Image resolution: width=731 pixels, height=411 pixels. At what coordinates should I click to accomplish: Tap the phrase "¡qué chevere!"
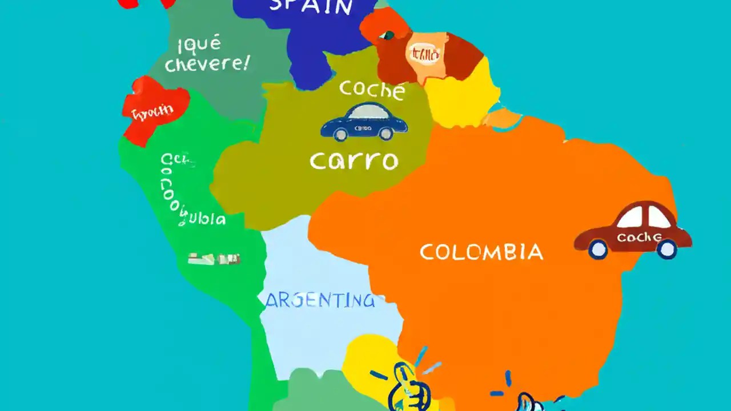207,55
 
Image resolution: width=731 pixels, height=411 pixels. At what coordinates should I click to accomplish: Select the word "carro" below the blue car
354,160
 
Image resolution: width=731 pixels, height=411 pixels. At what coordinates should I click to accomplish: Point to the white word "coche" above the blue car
372,89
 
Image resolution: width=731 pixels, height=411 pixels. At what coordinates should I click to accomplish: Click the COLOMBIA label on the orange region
481,252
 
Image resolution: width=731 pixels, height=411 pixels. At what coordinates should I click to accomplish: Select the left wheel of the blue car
340,135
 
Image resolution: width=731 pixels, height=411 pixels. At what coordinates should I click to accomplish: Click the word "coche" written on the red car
640,237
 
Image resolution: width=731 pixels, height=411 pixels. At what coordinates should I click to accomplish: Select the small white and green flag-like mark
214,259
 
